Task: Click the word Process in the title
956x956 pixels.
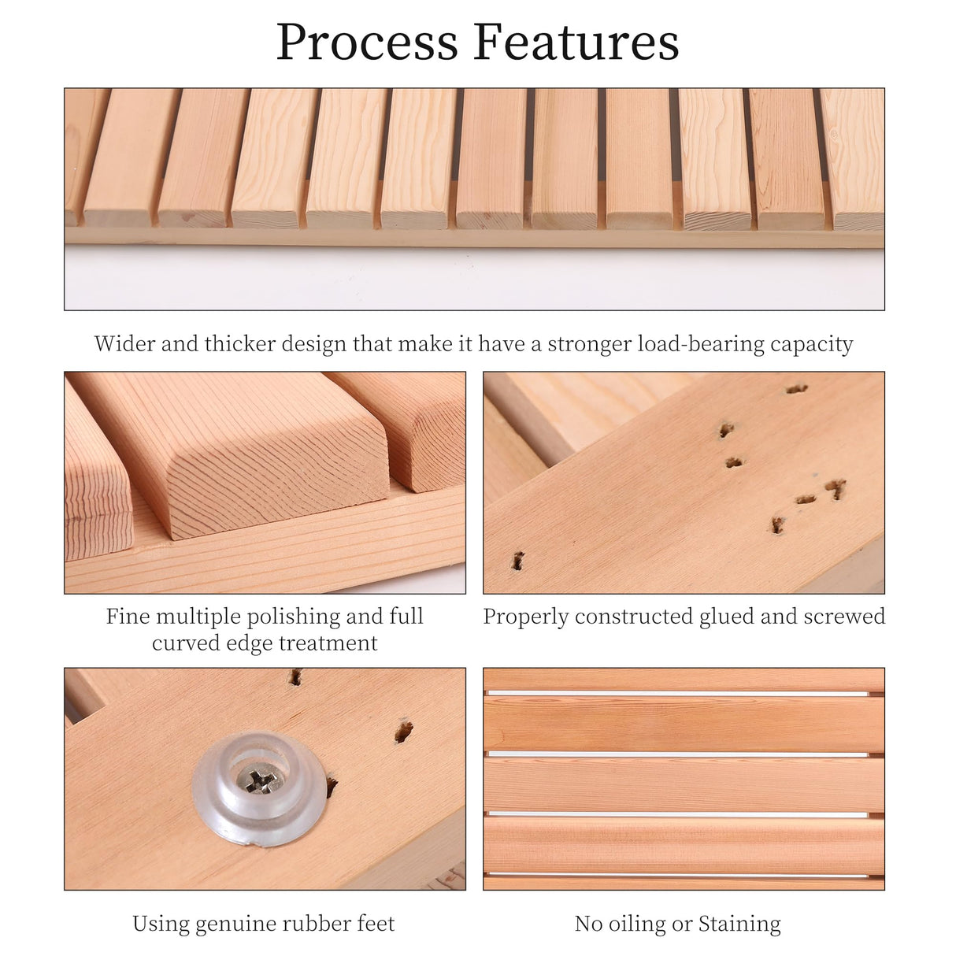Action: pos(366,43)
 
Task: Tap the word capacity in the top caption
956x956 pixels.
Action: pos(812,344)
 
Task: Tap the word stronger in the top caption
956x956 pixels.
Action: pos(590,344)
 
